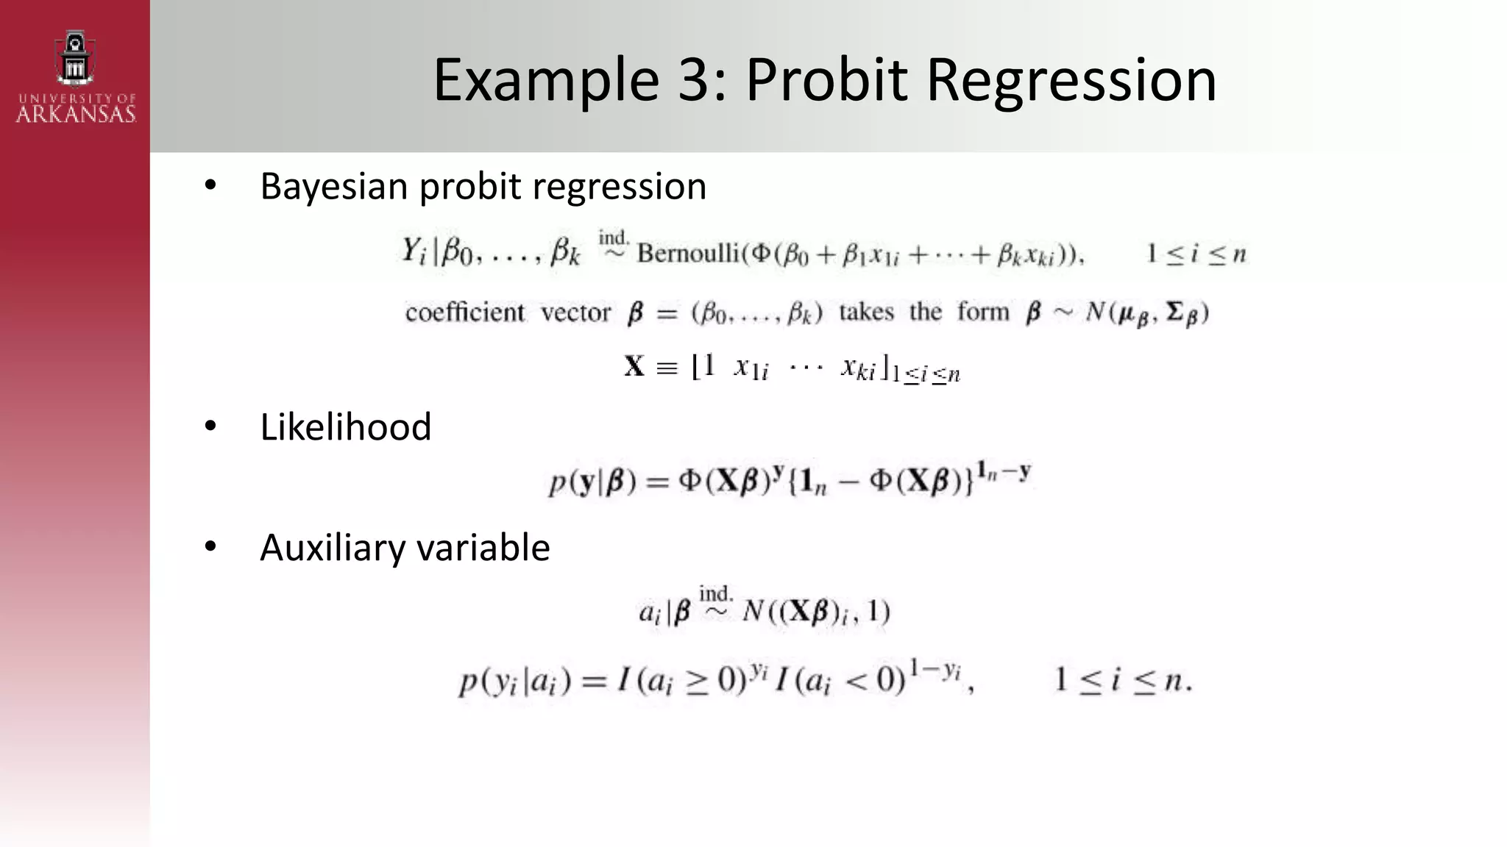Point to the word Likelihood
(345, 427)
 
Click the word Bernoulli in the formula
(688, 254)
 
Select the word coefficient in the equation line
(465, 312)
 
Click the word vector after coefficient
(575, 312)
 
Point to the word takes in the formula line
(866, 312)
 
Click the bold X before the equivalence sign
(634, 366)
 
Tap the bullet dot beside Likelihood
(210, 426)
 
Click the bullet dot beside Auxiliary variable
(210, 547)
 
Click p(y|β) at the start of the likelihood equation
(592, 482)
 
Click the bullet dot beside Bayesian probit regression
(210, 185)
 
